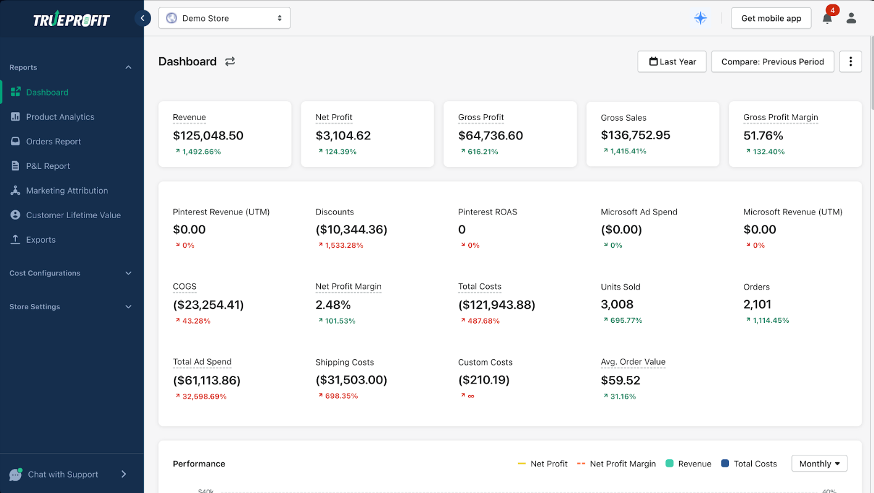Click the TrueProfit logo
coord(72,18)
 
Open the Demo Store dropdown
coord(225,18)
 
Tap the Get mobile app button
coord(771,18)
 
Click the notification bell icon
coord(827,18)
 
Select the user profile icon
coord(851,18)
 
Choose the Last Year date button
coord(672,62)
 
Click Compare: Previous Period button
coord(773,62)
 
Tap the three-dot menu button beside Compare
coord(851,62)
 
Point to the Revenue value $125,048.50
coord(208,136)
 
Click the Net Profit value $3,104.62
coord(343,136)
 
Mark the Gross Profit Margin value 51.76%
coord(763,136)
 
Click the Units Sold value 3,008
coord(617,304)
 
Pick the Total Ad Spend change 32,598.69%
coord(204,396)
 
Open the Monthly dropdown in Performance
coord(819,463)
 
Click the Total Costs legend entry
coord(749,464)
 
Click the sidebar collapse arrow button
coord(143,18)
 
